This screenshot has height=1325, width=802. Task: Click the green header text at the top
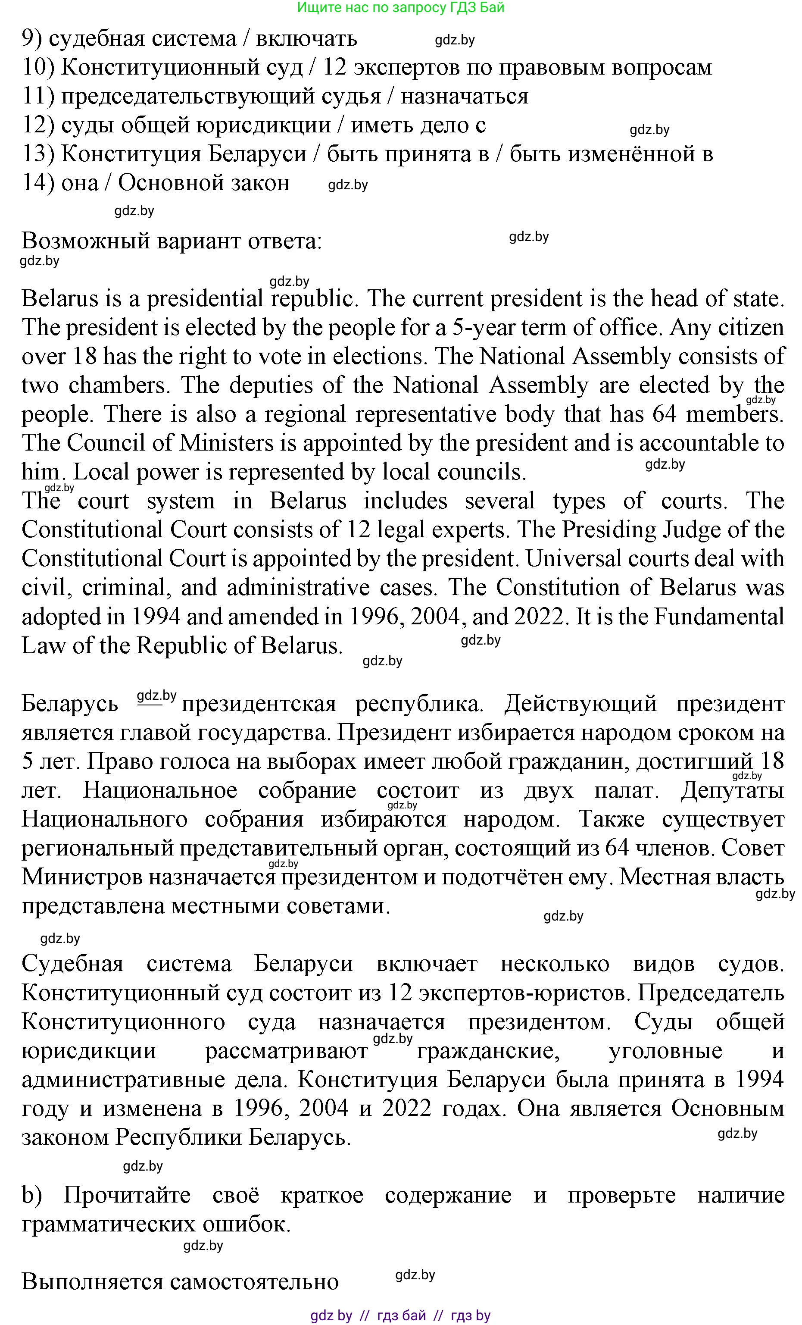click(x=400, y=7)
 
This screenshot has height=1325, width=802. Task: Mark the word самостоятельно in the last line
click(x=254, y=1282)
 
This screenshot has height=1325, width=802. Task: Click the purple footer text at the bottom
click(x=400, y=1316)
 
